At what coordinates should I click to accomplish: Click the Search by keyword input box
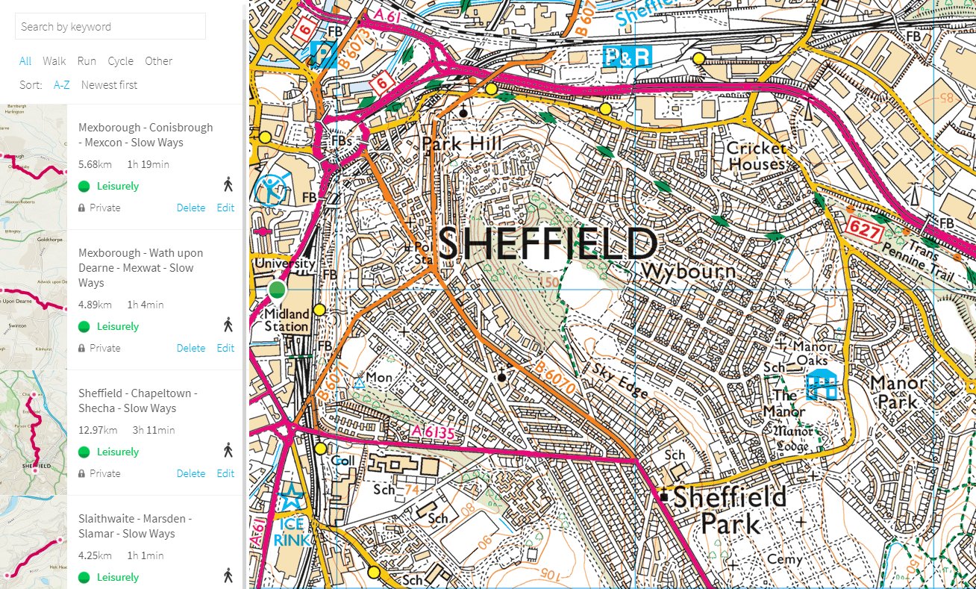pos(110,27)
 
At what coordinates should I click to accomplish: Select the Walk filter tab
pos(54,61)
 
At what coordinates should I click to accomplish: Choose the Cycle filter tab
pos(120,61)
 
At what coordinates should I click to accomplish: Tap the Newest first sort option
pos(109,85)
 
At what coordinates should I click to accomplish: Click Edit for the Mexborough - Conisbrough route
pos(225,208)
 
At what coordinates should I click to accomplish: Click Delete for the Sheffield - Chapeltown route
pos(190,473)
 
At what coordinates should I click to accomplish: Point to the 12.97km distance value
pos(97,430)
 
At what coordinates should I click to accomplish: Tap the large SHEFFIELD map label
pos(547,244)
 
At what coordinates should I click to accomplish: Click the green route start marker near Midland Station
pos(277,290)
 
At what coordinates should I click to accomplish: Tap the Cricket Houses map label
pos(757,156)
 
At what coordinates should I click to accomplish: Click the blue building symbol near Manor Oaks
pos(822,384)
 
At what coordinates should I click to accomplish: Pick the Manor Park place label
pos(898,392)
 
